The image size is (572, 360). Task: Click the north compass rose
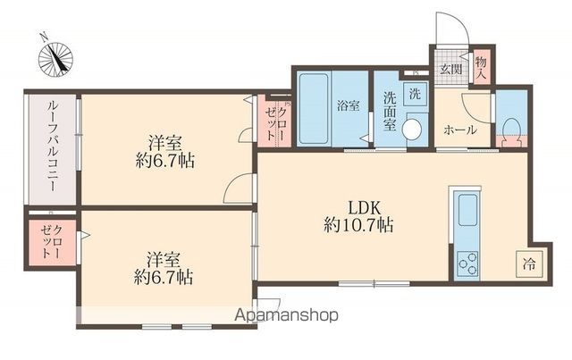click(55, 58)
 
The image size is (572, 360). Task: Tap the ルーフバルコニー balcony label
click(52, 147)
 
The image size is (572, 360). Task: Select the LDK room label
click(365, 208)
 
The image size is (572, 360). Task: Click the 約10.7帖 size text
click(358, 225)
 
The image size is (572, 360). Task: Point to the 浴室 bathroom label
click(349, 105)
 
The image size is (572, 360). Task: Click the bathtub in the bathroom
click(314, 109)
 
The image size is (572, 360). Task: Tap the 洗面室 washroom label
click(390, 112)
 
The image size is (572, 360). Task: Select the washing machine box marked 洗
click(415, 94)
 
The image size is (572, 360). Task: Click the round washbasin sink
click(412, 130)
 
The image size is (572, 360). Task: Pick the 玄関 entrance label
click(451, 69)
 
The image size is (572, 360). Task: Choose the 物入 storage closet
click(482, 68)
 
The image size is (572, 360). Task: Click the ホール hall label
click(460, 130)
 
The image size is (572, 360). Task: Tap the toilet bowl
click(510, 131)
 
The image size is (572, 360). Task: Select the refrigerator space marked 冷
click(529, 264)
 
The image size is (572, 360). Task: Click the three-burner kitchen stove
click(467, 264)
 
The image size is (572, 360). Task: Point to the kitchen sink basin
click(467, 210)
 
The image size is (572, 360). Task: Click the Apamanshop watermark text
click(286, 314)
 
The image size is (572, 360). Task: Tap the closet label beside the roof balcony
click(52, 242)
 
